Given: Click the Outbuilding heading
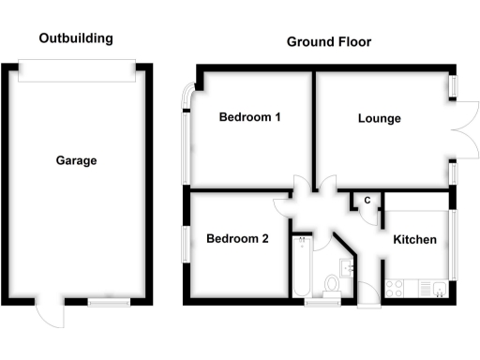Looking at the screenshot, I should [76, 38].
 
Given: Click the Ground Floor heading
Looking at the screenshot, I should [329, 41].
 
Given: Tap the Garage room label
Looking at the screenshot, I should [76, 160].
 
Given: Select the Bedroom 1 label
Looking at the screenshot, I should [250, 117].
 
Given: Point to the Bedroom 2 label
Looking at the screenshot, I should [237, 239].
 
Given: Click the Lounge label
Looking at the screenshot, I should [380, 118].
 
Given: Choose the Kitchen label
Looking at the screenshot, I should [414, 240].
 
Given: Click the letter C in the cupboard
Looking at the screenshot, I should [367, 200].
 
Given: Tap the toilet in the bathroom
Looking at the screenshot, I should [332, 284].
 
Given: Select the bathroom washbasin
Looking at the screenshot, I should [348, 269].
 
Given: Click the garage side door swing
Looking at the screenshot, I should [49, 313].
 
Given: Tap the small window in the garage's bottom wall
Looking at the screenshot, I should [108, 301].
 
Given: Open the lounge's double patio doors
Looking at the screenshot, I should [463, 128].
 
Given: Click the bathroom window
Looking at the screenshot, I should [327, 302].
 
